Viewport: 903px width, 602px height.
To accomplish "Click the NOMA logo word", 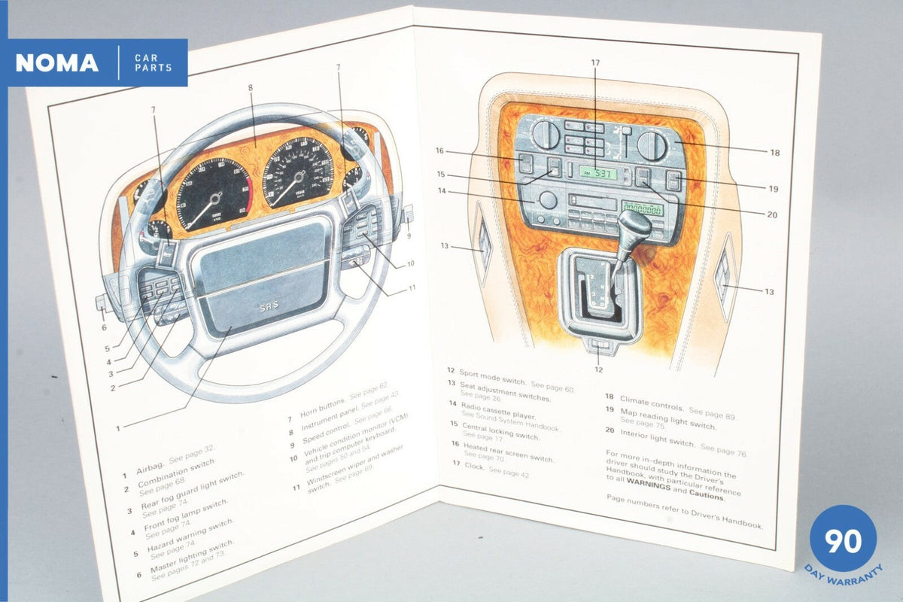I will click(x=57, y=63).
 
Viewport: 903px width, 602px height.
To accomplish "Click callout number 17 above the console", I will click(x=595, y=63).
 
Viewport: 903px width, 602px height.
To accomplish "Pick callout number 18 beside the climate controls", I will click(x=774, y=152).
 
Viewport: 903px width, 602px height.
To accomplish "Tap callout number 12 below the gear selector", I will click(x=598, y=369).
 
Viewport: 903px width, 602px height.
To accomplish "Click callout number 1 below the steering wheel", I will click(x=118, y=429).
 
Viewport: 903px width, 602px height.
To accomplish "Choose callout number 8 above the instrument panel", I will click(x=250, y=87).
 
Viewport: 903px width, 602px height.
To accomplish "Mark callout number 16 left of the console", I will click(x=439, y=150).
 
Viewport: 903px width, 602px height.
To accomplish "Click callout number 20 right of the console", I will click(x=771, y=214).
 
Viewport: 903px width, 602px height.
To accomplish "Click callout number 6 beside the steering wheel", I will click(x=104, y=327).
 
